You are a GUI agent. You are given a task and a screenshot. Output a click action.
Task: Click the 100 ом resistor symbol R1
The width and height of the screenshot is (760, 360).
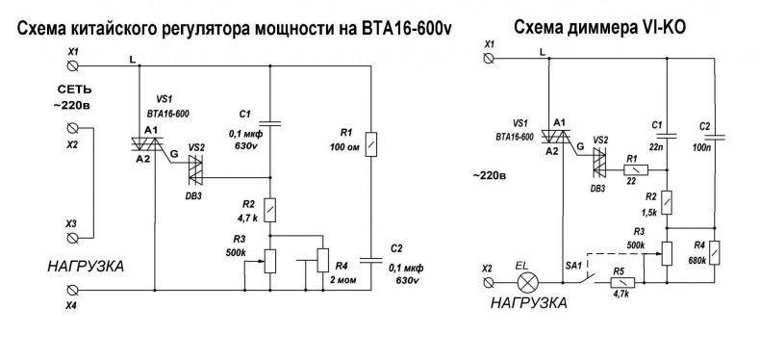370,144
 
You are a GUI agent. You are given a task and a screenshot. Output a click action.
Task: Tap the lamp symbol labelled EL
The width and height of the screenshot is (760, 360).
526,282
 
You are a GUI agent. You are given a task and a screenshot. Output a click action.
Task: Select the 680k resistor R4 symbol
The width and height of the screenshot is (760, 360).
715,252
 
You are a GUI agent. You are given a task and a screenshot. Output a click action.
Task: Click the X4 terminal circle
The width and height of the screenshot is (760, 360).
73,290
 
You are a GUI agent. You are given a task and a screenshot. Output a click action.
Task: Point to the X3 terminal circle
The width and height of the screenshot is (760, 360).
73,238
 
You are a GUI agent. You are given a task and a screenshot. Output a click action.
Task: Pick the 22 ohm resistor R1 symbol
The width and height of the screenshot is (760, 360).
636,170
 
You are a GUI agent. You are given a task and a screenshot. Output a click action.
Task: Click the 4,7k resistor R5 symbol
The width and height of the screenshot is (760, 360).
622,282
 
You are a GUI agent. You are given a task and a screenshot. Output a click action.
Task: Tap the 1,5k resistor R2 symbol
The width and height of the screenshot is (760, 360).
668,202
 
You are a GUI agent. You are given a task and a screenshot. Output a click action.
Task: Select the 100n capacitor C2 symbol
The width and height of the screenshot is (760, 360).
715,137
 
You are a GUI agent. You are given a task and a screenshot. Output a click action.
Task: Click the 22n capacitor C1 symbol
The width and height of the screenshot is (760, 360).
668,136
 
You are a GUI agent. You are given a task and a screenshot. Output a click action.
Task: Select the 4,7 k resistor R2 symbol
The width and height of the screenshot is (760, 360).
270,210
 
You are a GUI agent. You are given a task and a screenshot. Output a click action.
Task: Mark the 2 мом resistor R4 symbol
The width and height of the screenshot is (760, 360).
322,260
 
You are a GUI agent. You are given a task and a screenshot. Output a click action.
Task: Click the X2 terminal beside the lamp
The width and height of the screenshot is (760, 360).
489,282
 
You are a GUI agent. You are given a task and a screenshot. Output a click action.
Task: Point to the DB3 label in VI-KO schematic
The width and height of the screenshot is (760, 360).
597,189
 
